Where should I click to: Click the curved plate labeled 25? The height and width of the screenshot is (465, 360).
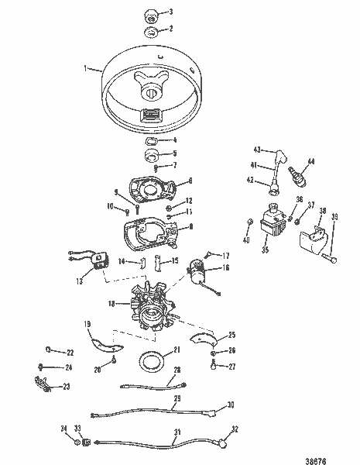pos(204,338)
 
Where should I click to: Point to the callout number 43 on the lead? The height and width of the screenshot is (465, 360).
pos(258,150)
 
